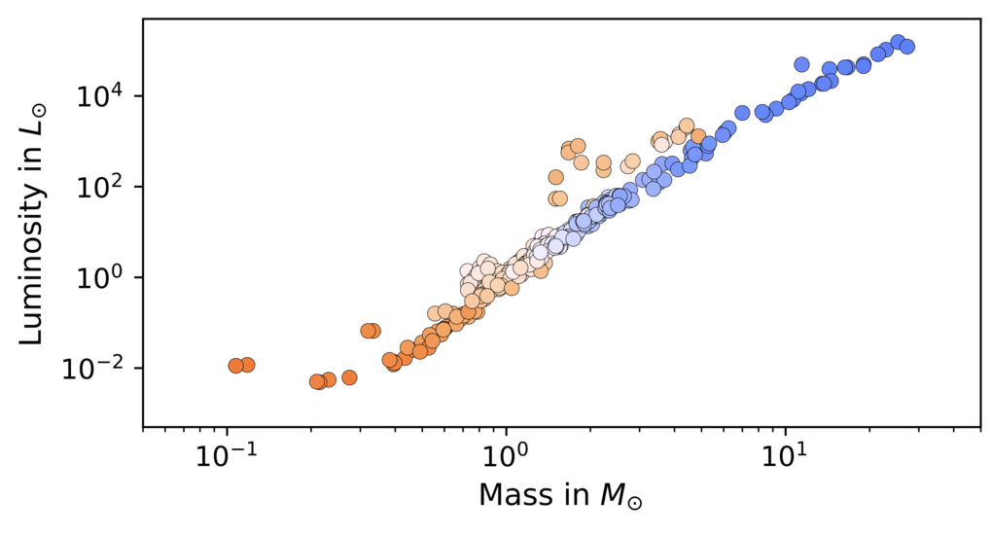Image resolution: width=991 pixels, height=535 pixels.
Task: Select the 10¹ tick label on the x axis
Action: (785, 456)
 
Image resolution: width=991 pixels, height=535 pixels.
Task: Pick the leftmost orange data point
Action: (236, 366)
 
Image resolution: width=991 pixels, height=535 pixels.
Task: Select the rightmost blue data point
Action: (907, 46)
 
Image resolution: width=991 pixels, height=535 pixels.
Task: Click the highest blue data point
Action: (898, 43)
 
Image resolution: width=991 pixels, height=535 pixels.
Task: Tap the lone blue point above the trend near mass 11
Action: (801, 64)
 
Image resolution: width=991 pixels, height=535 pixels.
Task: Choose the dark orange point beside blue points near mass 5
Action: (697, 136)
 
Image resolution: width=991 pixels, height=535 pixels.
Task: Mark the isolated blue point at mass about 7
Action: (743, 113)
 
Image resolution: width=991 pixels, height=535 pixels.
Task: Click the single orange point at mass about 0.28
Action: (349, 377)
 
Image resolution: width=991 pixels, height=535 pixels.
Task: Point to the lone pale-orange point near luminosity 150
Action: (555, 177)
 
